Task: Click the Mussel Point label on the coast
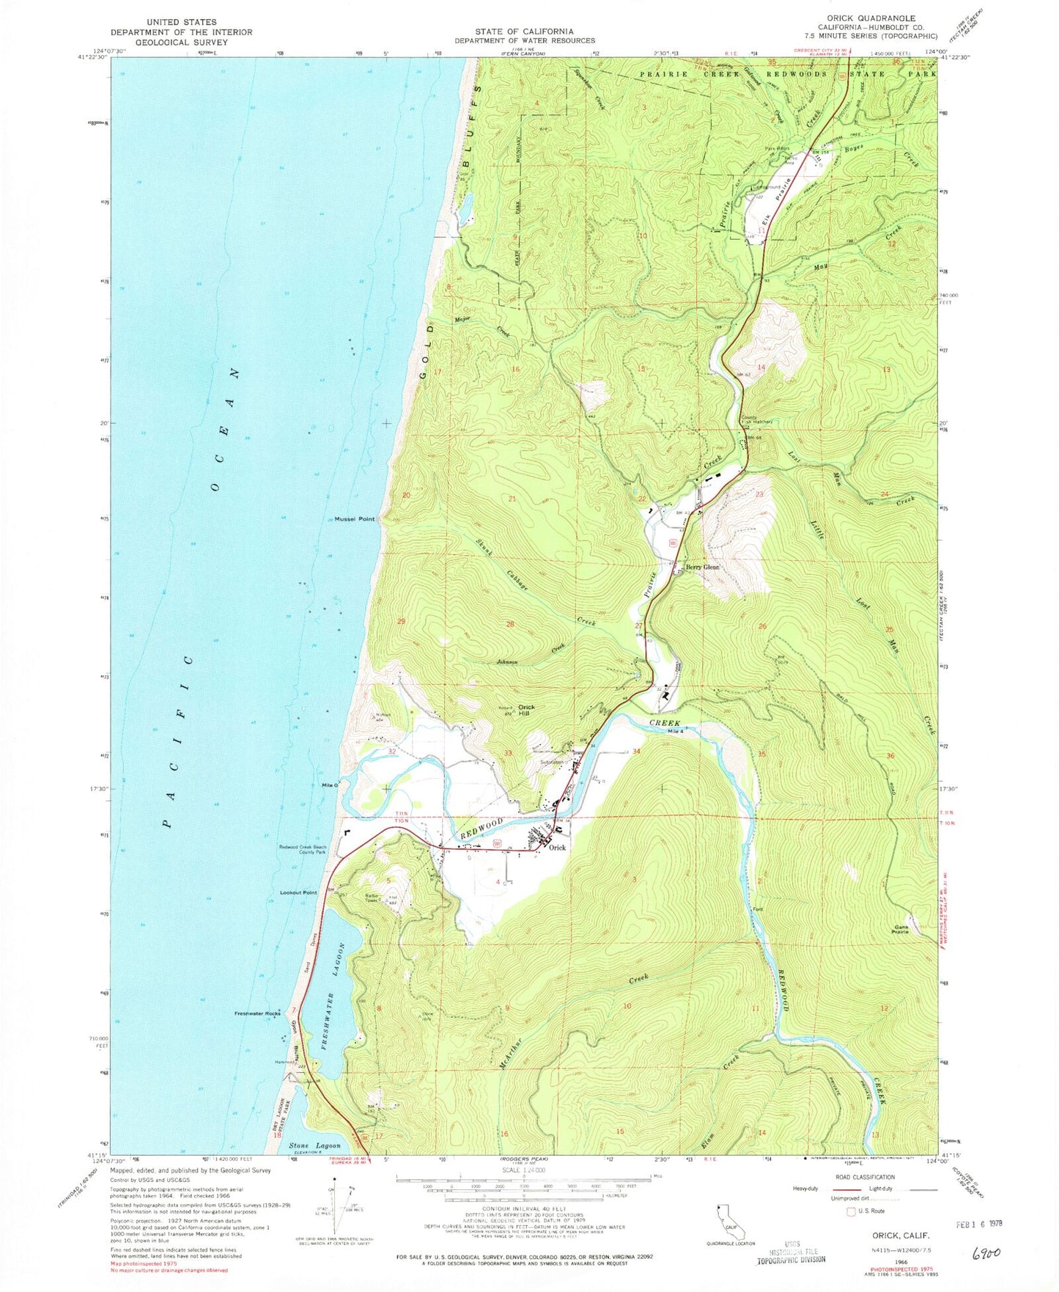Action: [x=355, y=519]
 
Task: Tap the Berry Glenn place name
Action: [x=703, y=568]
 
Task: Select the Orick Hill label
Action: [x=527, y=710]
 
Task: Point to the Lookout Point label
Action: [x=298, y=892]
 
